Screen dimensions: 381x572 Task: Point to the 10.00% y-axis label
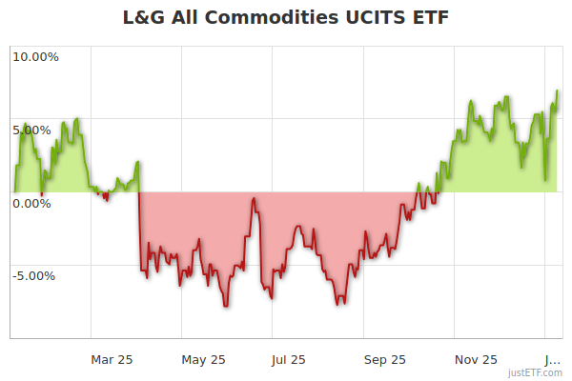pyautogui.click(x=35, y=56)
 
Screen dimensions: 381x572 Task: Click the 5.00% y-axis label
pyautogui.click(x=35, y=130)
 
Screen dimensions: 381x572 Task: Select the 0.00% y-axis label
pyautogui.click(x=35, y=203)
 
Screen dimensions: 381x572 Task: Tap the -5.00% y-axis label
pyautogui.click(x=35, y=276)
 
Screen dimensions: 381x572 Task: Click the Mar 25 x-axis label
pyautogui.click(x=112, y=359)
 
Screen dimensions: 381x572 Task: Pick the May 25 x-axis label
pyautogui.click(x=202, y=359)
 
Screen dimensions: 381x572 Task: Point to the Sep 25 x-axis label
pyautogui.click(x=384, y=359)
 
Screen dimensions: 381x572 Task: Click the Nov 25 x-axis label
pyautogui.click(x=476, y=359)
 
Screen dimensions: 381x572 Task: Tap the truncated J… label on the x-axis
pyautogui.click(x=552, y=359)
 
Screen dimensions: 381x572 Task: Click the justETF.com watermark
pyautogui.click(x=535, y=372)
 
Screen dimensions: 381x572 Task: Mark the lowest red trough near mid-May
pyautogui.click(x=226, y=306)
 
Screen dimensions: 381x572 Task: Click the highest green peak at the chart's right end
pyautogui.click(x=557, y=90)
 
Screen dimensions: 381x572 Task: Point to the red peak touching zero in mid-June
pyautogui.click(x=253, y=198)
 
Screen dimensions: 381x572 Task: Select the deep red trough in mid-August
pyautogui.click(x=338, y=304)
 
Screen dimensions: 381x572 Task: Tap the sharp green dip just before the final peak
pyautogui.click(x=545, y=179)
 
